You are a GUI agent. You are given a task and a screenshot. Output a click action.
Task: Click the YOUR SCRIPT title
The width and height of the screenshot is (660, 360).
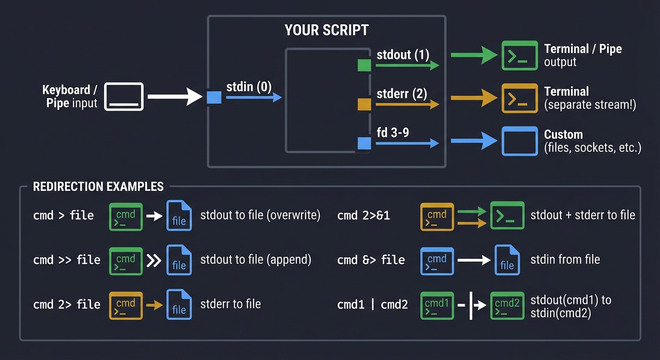[x=326, y=30]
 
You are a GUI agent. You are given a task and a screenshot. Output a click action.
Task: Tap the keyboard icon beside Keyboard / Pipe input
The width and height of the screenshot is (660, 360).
[x=124, y=97]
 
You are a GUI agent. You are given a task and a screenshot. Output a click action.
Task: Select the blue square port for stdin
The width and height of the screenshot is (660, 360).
[x=214, y=97]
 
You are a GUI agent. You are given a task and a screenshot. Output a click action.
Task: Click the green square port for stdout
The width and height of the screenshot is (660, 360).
[x=364, y=65]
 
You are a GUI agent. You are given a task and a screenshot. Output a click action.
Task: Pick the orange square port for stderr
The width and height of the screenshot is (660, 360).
[x=364, y=104]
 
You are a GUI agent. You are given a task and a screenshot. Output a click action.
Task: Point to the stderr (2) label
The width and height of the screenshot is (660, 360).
[x=402, y=94]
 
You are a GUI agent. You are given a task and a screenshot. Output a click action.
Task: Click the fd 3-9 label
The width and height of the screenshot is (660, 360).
[x=393, y=133]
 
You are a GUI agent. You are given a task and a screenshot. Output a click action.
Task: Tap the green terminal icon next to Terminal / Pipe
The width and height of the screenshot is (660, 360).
[x=519, y=55]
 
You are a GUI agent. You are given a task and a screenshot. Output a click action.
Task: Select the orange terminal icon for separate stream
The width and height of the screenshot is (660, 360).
[x=519, y=98]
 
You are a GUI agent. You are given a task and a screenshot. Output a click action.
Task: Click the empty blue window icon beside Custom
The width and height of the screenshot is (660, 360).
[x=519, y=141]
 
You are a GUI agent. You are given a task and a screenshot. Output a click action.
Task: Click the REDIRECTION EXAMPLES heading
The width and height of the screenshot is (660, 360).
[x=98, y=187]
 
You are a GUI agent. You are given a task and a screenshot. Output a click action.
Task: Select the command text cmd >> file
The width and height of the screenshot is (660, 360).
[x=67, y=260]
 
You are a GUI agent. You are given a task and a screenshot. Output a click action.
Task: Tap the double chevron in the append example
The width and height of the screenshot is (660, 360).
[x=154, y=261]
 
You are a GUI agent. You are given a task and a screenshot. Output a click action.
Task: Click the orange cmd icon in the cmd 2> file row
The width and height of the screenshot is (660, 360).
[x=126, y=305]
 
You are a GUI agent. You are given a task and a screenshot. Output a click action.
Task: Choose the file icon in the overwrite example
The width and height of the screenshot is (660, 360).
[x=179, y=216]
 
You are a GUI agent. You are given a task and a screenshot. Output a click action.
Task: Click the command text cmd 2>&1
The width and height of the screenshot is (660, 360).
[x=363, y=216]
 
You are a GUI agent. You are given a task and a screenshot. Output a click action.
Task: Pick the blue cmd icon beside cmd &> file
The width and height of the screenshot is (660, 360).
[x=437, y=261]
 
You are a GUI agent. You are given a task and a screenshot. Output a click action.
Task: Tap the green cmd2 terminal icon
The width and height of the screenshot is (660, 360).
[x=507, y=305]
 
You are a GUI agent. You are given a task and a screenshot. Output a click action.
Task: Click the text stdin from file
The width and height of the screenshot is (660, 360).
[x=565, y=260]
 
